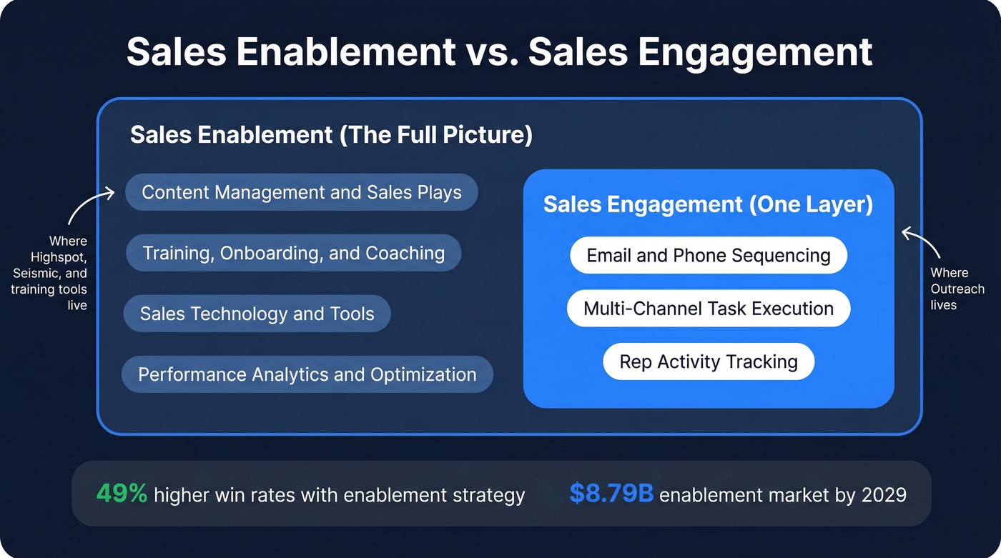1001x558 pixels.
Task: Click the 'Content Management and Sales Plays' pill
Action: [x=301, y=192]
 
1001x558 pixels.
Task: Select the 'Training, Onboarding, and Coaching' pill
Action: [x=293, y=253]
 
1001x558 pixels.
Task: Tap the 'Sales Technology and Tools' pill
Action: [x=257, y=314]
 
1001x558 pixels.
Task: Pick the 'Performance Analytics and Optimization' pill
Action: [x=307, y=374]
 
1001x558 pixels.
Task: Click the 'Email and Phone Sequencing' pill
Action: [x=708, y=256]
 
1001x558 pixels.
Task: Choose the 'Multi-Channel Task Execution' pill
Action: [x=708, y=309]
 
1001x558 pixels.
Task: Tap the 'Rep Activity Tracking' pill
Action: [x=708, y=362]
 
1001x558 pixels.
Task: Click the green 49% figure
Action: [x=122, y=494]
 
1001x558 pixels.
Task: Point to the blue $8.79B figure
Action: [x=611, y=494]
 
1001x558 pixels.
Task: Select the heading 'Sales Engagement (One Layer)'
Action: [x=708, y=204]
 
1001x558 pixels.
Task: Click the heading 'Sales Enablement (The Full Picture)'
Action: [x=331, y=134]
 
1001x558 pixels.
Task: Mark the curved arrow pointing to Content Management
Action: [x=89, y=203]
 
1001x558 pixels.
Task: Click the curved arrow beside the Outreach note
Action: [x=923, y=243]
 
